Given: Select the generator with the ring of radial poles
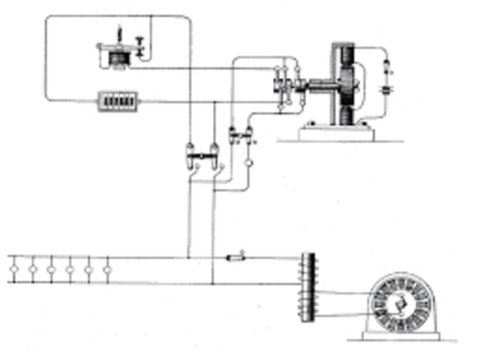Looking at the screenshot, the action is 398,305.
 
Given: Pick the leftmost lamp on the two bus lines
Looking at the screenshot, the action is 14,270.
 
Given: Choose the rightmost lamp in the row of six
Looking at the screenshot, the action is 107,270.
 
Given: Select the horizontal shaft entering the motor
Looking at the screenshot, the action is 316,84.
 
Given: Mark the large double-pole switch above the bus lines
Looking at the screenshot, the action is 203,153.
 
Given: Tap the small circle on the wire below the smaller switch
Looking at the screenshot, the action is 248,163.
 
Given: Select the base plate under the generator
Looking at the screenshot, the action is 400,336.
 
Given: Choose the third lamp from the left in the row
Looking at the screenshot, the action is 51,270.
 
